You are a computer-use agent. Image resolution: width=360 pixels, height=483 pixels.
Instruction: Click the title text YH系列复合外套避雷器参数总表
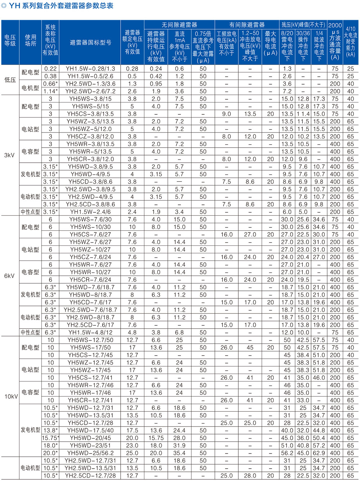61,6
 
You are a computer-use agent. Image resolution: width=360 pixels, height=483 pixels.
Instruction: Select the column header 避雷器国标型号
90,42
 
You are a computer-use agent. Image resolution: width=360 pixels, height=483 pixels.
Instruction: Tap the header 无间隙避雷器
179,24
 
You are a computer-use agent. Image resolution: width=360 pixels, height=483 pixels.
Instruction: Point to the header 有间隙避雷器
247,24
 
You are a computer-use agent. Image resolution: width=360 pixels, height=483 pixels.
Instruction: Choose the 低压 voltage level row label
10,80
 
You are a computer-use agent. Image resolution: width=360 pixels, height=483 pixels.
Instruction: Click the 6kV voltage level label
10,276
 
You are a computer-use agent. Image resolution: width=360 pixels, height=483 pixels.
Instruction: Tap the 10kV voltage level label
11,396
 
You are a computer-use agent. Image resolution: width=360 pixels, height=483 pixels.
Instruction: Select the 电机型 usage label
31,87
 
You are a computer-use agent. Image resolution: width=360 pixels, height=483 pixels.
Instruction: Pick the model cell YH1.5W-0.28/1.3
90,68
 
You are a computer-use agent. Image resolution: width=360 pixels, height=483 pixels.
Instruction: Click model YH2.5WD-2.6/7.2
90,91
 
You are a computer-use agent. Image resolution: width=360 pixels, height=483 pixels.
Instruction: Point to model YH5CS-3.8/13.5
90,114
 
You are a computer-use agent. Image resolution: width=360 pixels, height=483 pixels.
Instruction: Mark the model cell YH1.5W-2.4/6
90,212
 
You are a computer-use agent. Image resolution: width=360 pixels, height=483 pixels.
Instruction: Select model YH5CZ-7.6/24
90,257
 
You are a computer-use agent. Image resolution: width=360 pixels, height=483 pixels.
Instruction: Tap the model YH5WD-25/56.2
90,453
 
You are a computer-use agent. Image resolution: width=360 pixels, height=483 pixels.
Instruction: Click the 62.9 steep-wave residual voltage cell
319,453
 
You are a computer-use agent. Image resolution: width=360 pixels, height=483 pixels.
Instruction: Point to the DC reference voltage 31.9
179,445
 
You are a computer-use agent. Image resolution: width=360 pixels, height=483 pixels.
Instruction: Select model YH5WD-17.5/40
90,430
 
